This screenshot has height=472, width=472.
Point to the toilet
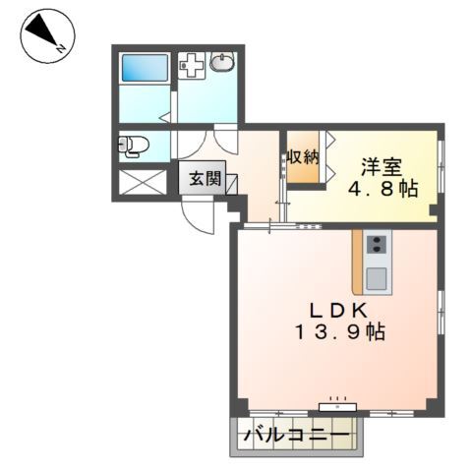(133, 147)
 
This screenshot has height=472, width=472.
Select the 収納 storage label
(303, 156)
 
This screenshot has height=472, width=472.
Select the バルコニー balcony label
(296, 433)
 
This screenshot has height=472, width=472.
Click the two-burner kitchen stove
(377, 243)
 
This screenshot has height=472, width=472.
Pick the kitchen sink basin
(377, 277)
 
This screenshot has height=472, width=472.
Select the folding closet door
(328, 157)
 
